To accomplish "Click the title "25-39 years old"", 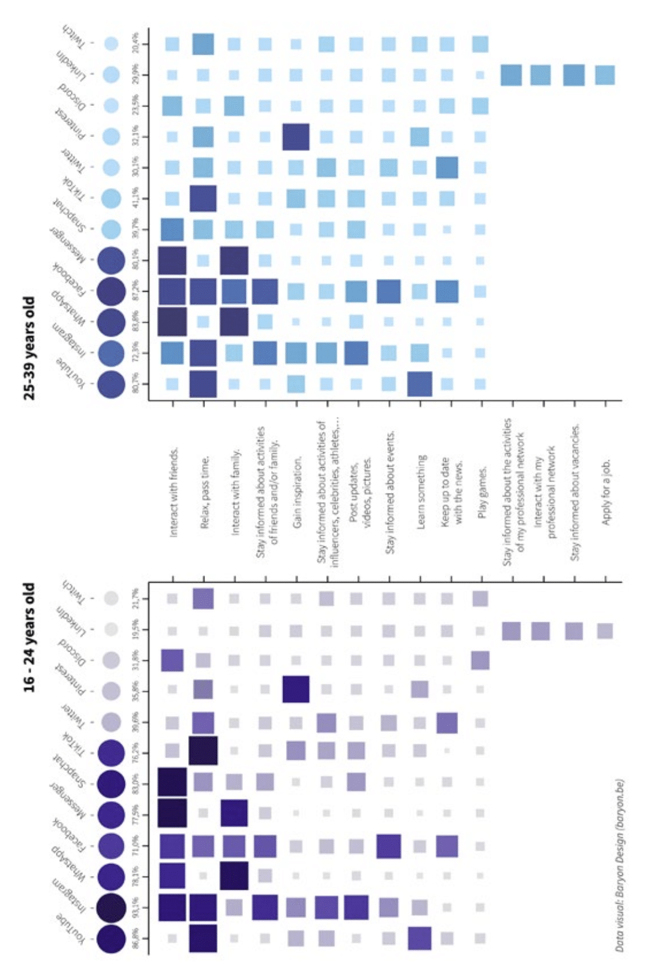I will (x=29, y=348).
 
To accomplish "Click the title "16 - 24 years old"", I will (x=29, y=637).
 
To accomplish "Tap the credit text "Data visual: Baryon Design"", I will (x=620, y=866).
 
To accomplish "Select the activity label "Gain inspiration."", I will (x=297, y=492).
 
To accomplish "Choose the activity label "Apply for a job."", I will (x=606, y=492).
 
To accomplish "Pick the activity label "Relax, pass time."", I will (x=205, y=492).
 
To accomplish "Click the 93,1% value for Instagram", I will (x=136, y=907).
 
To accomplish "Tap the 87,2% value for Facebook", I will (x=136, y=291).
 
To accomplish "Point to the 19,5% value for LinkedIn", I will (x=136, y=629).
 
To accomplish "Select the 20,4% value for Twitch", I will (x=136, y=43).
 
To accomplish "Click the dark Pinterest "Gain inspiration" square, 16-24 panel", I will (x=296, y=689).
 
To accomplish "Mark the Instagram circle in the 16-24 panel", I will (x=111, y=907).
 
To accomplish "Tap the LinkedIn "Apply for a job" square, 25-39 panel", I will (x=605, y=75).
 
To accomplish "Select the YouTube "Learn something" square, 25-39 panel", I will (x=420, y=384).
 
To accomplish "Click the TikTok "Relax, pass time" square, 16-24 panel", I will (x=203, y=750).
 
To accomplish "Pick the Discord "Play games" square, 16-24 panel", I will (x=480, y=660).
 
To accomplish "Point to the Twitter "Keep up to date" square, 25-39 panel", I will (x=447, y=168).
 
